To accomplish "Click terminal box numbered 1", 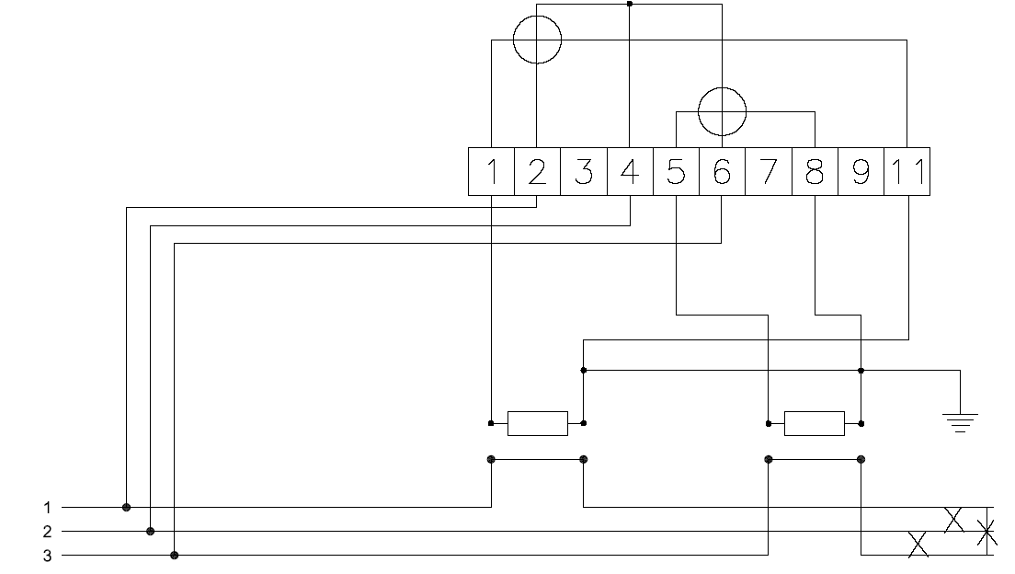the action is pos(491,172).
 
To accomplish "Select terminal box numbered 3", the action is pos(584,172).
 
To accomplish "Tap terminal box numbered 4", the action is pos(630,172).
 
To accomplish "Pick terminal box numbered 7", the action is pos(769,172).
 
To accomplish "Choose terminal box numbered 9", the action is pos(861,172).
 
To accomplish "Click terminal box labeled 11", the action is pos(907,172).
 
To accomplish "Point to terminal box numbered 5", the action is pos(676,172).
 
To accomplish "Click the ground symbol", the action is pos(960,422).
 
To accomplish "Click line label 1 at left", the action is pos(47,508).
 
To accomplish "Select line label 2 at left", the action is pos(47,532).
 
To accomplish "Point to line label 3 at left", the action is pos(47,556).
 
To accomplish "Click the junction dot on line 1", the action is pos(126,507).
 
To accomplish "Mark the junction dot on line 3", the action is pos(174,556).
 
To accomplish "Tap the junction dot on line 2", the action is pos(150,532).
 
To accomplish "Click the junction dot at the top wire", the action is pos(630,4).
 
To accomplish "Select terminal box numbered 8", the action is pos(815,172).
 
